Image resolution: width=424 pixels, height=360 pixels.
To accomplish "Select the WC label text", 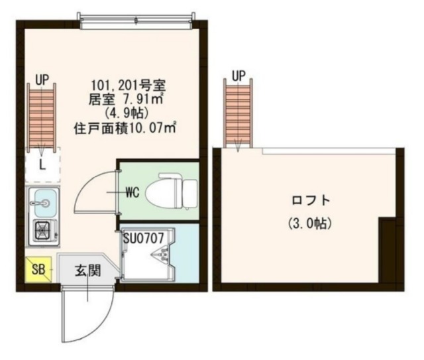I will pos(131,194).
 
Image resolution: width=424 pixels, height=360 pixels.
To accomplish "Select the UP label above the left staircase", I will pos(42,80).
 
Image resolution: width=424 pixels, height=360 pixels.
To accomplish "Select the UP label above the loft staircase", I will pos(239,74).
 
